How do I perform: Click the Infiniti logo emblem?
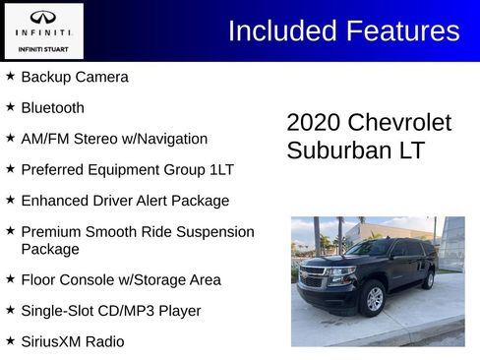tap(42, 18)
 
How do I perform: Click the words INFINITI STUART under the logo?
tap(42, 46)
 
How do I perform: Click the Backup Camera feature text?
tap(75, 77)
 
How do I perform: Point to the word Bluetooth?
tap(52, 108)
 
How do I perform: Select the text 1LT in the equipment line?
tap(221, 169)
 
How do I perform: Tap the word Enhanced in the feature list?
tap(55, 201)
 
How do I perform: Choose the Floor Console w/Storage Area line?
tap(121, 279)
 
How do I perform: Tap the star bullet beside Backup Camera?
tap(11, 76)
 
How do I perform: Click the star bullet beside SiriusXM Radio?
tap(11, 340)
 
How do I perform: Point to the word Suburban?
tap(333, 151)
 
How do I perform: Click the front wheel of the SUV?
tap(375, 298)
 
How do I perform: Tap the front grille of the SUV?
tap(313, 278)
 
